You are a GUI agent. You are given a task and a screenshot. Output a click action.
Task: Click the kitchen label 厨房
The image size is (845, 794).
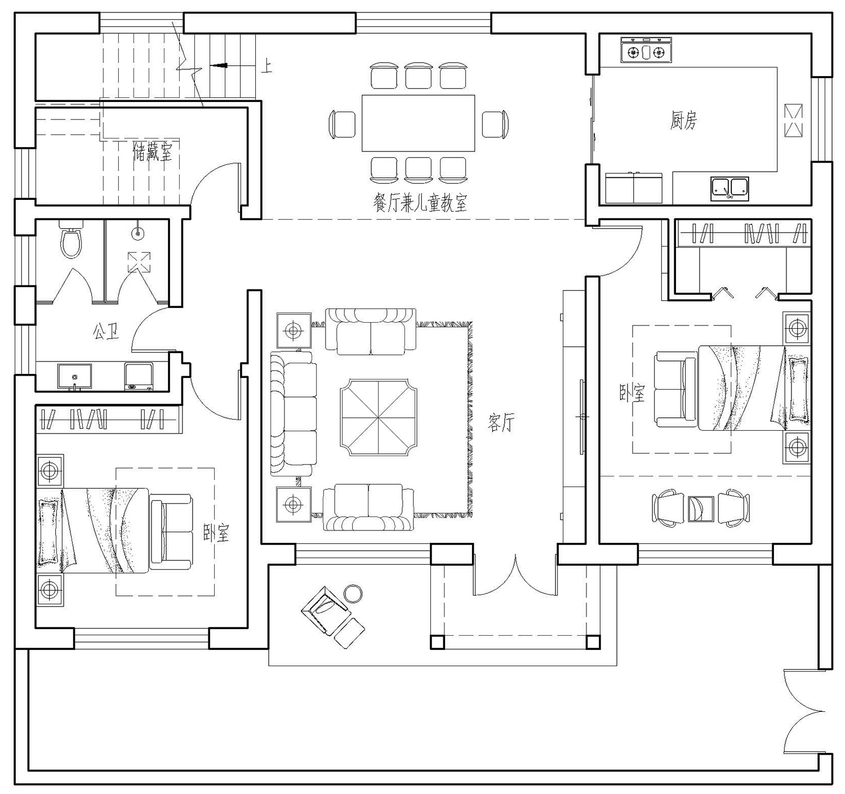683,121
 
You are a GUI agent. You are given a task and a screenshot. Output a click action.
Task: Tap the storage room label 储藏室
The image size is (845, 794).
152,151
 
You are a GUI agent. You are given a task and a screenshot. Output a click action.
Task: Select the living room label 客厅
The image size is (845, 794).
501,422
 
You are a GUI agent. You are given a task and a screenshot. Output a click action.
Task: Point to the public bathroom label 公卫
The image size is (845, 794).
105,331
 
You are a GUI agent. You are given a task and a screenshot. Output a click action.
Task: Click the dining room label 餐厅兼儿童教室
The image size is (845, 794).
420,202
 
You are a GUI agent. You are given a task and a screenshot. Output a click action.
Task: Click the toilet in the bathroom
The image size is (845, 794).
70,239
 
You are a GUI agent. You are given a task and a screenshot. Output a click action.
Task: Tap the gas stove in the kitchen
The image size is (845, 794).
646,50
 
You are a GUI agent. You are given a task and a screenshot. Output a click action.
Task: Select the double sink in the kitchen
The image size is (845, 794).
730,189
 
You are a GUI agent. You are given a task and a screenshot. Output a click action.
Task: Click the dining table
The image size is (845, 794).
418,123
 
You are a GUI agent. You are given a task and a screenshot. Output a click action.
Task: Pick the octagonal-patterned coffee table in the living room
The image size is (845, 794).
378,417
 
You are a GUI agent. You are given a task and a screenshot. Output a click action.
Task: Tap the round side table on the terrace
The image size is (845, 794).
353,594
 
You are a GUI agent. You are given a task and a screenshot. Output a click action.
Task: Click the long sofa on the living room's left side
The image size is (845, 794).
293,413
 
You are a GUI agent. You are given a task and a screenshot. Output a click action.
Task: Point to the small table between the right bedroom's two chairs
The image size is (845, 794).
701,509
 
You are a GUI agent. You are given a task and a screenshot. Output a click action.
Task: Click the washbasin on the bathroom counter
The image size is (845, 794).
74,377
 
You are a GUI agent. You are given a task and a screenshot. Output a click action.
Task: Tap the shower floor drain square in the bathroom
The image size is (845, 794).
139,262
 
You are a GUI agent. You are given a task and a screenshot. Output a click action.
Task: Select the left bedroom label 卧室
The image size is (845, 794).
216,532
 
